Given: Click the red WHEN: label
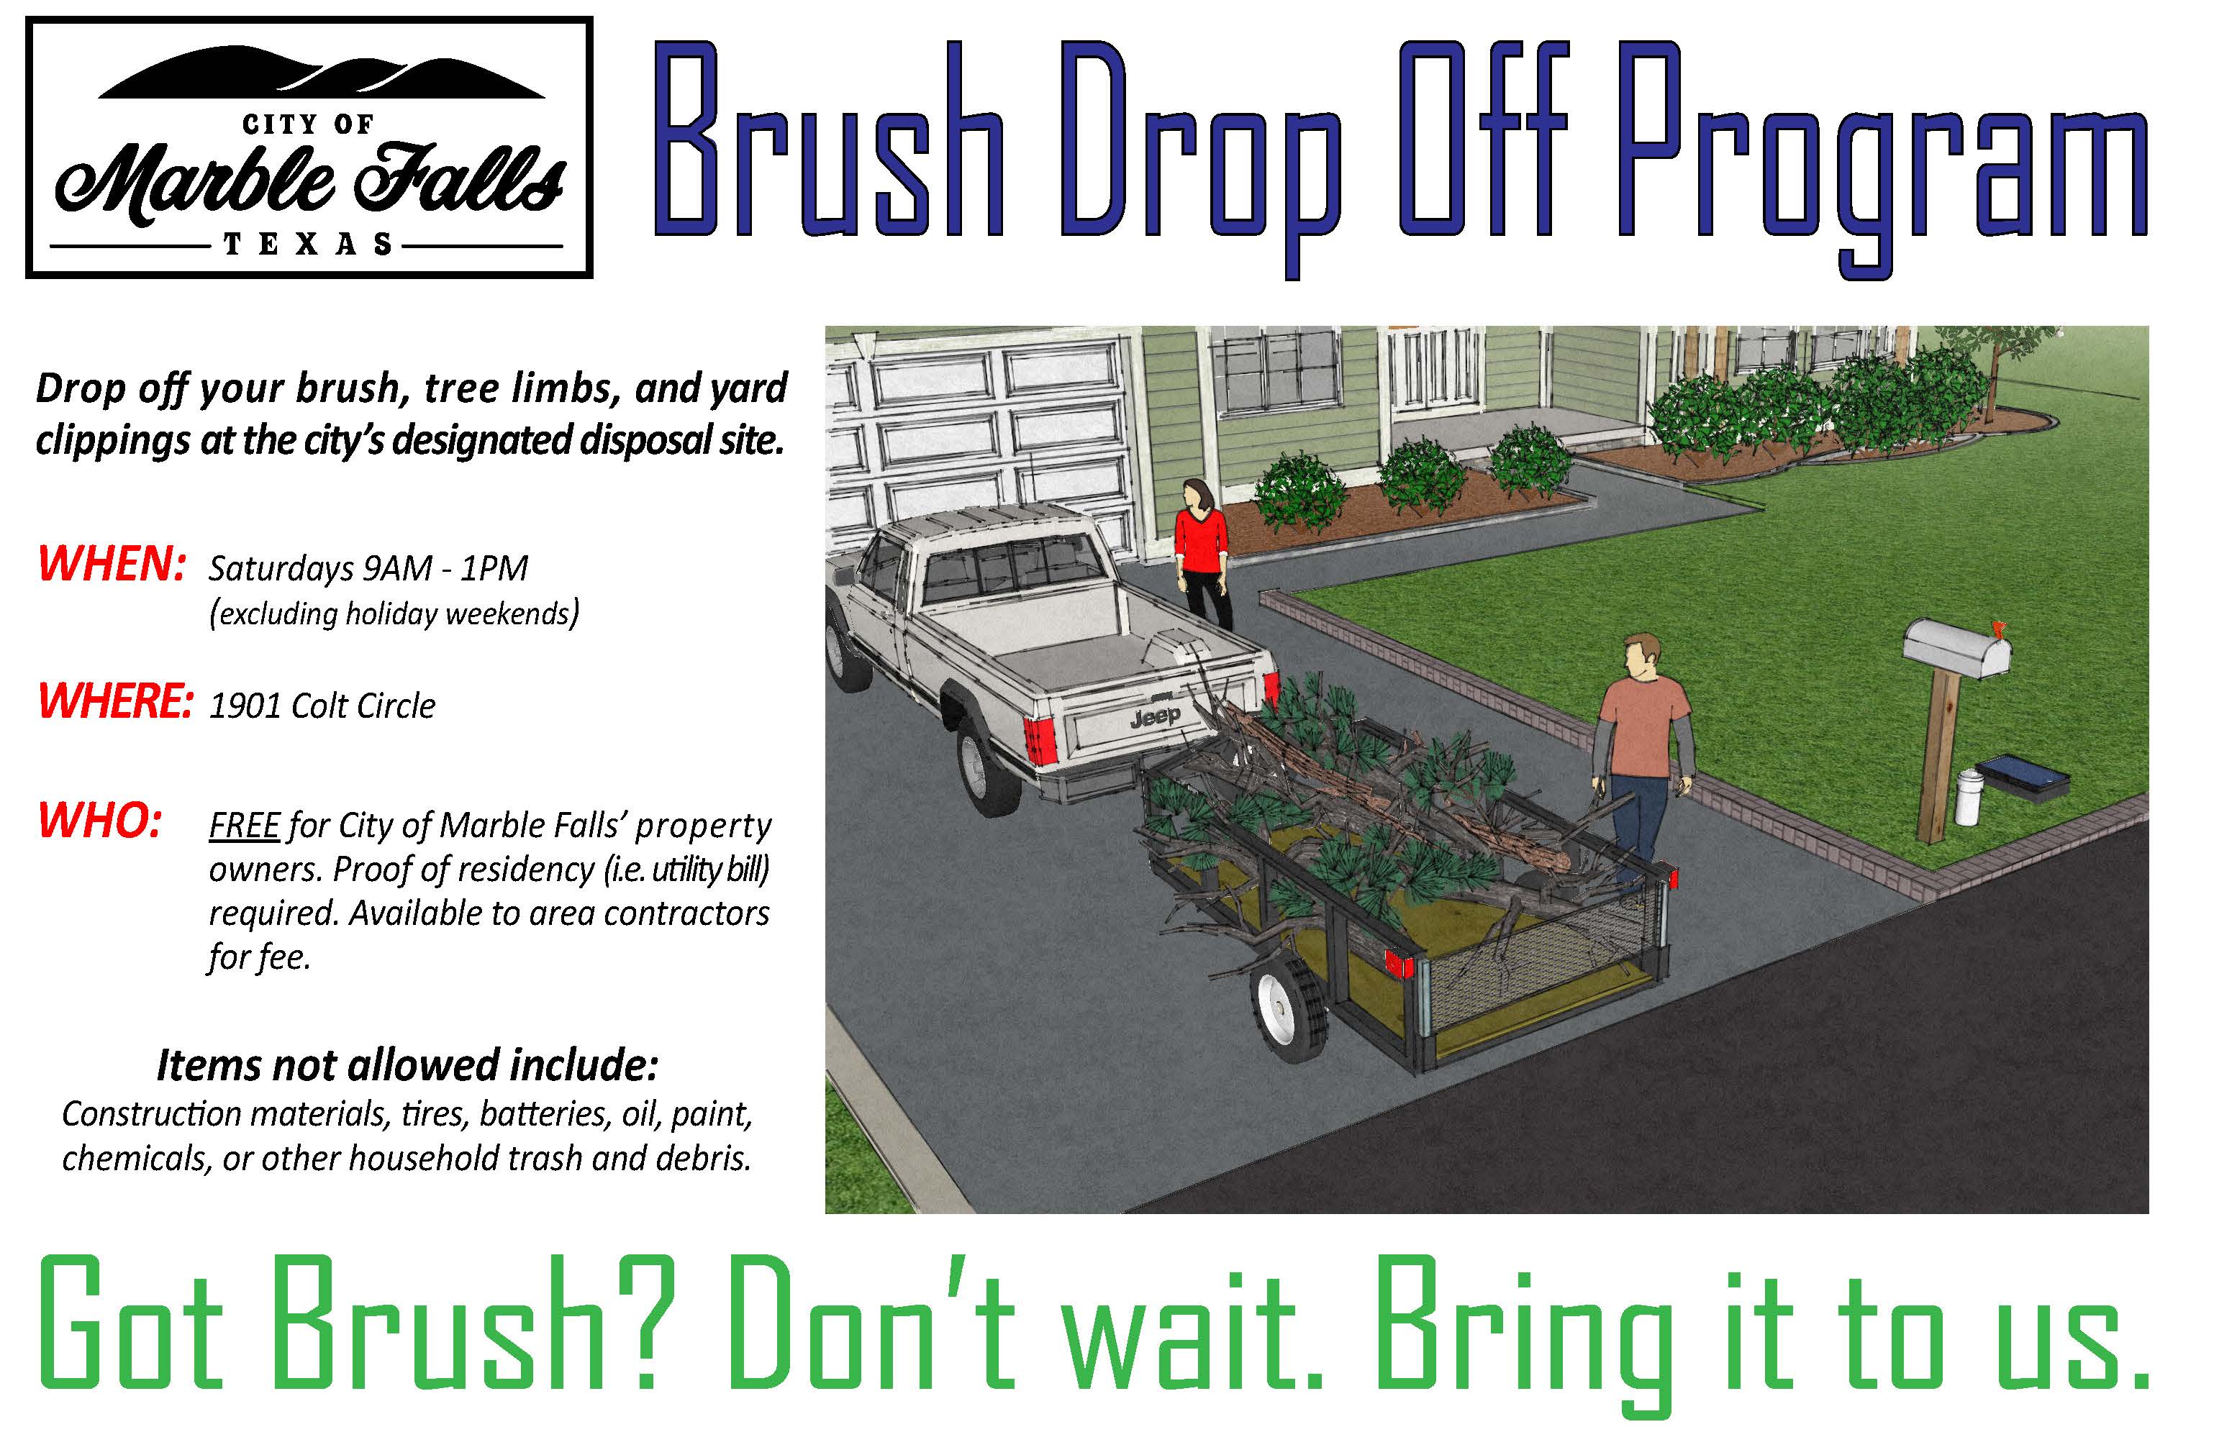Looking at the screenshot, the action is [x=112, y=565].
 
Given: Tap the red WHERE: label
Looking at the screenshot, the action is [x=115, y=701].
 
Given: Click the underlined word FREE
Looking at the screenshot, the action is [x=244, y=826].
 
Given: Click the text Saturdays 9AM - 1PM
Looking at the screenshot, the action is [x=368, y=568].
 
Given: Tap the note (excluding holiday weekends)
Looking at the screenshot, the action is [x=394, y=614].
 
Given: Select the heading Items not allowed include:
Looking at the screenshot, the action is [x=407, y=1066].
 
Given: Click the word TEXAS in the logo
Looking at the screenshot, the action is [x=308, y=245].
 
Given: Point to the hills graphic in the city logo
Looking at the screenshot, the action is [x=321, y=73].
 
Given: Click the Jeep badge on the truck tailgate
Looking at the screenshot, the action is [x=1156, y=717].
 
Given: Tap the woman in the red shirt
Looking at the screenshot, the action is [x=1203, y=555].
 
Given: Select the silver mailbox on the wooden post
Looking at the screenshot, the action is [x=1957, y=648].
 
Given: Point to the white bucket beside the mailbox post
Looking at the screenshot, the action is [x=1966, y=797].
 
